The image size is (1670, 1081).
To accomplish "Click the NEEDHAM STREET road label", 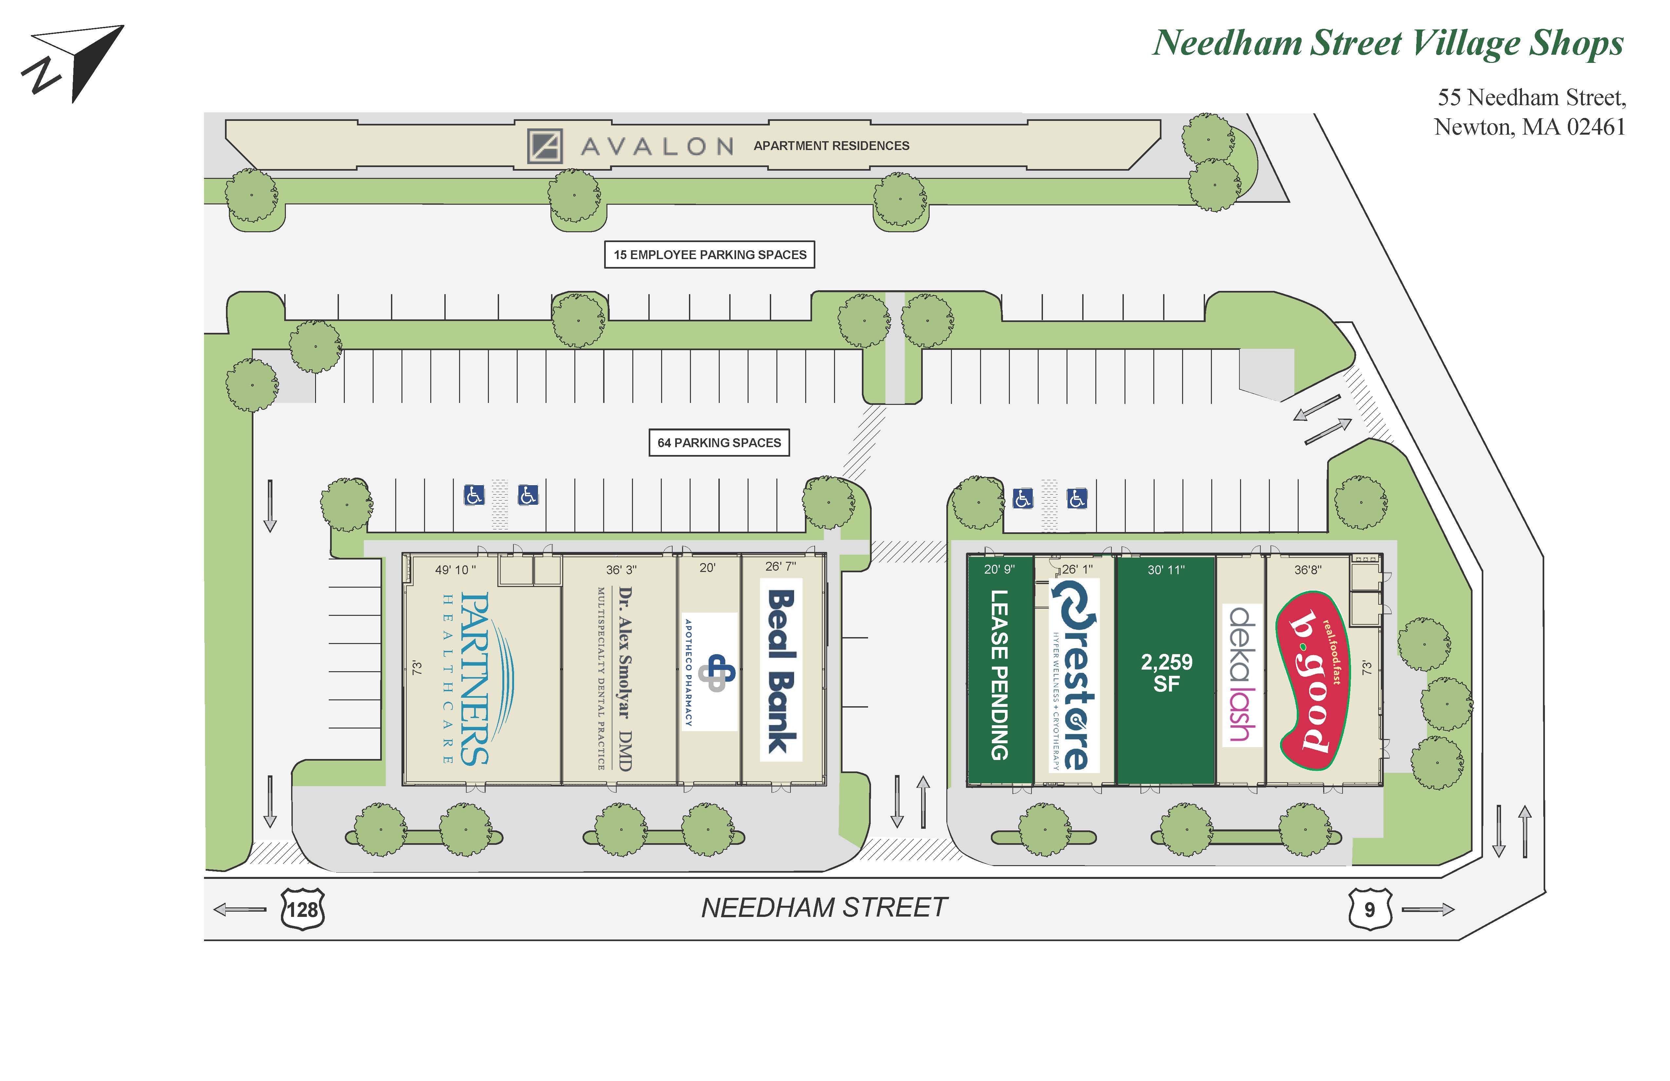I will tap(825, 908).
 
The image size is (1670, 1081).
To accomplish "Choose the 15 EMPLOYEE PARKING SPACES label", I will tap(709, 255).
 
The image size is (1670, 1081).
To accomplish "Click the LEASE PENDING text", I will tap(999, 674).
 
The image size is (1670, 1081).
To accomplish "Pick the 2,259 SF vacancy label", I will tap(1166, 673).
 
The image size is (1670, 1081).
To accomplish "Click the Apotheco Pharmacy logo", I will tap(710, 672).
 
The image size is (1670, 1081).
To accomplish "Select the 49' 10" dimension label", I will tap(455, 570).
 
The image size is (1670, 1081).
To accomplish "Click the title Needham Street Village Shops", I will tap(1388, 44).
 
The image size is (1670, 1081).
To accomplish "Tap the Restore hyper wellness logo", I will tap(1074, 674).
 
